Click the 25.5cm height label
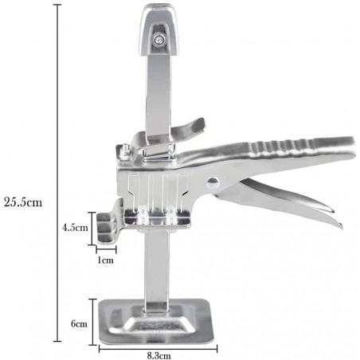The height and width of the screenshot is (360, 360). click(23, 202)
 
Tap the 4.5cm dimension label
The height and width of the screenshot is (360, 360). click(75, 227)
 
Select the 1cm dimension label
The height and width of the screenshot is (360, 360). click(105, 260)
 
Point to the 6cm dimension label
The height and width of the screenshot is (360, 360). click(79, 323)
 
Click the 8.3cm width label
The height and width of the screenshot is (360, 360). click(158, 356)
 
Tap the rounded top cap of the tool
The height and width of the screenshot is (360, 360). click(160, 29)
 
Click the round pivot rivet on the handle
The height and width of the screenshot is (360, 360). click(213, 182)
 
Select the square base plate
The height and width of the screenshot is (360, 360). click(156, 321)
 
